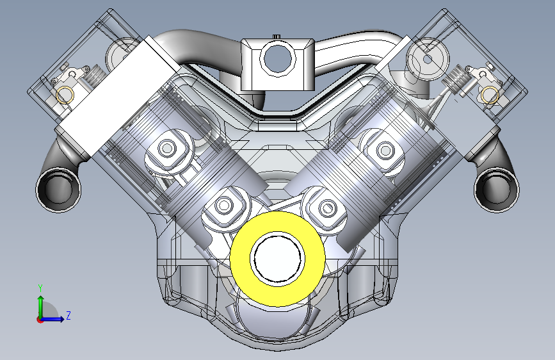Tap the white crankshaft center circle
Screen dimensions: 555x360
278,259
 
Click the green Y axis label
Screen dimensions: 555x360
40,288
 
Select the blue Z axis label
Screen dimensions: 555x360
68,315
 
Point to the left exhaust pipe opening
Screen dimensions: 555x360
58,190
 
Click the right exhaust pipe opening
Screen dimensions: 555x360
497,190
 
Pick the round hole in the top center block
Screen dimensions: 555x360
278,59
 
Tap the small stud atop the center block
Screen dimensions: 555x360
277,37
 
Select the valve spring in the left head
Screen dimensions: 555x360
95,75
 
